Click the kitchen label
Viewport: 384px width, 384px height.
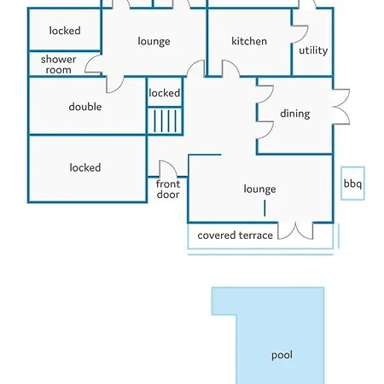(x=249, y=41)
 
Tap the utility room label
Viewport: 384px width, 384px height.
(x=313, y=50)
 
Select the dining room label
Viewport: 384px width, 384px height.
(x=295, y=113)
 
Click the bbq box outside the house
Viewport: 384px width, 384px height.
(x=352, y=183)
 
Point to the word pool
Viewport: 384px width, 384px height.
(x=282, y=355)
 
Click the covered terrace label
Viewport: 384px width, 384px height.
(x=235, y=236)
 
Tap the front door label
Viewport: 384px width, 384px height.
(x=168, y=189)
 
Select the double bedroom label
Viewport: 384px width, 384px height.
(x=85, y=107)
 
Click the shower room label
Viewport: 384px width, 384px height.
(x=58, y=65)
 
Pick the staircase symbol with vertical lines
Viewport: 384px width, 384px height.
(x=165, y=121)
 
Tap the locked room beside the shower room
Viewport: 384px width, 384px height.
(x=65, y=30)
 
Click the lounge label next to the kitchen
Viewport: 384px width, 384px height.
(x=154, y=42)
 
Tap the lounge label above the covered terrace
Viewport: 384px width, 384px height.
(x=259, y=189)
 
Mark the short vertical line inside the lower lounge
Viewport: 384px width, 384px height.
(x=265, y=208)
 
